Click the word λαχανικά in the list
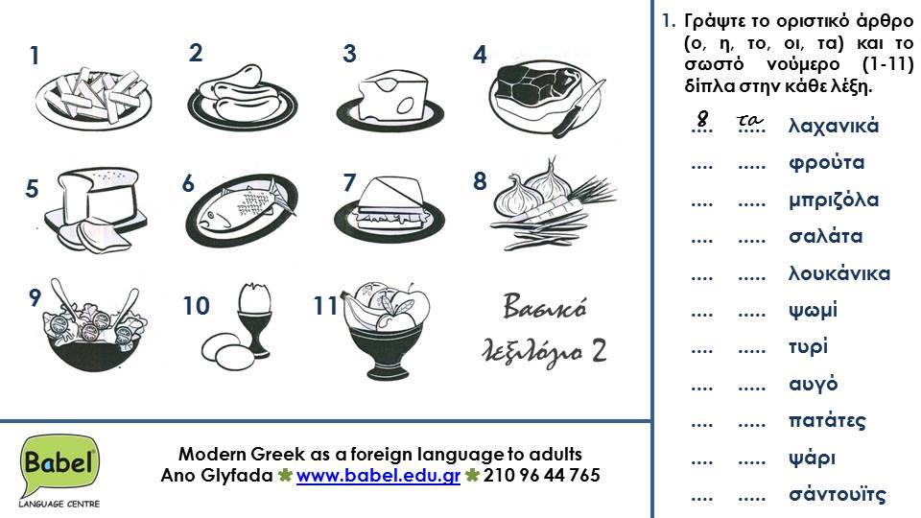point(833,126)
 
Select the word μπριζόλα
point(834,200)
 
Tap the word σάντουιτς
point(838,495)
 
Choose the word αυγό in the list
point(814,385)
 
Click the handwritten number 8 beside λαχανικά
point(703,119)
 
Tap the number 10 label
point(196,307)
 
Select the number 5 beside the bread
point(32,189)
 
